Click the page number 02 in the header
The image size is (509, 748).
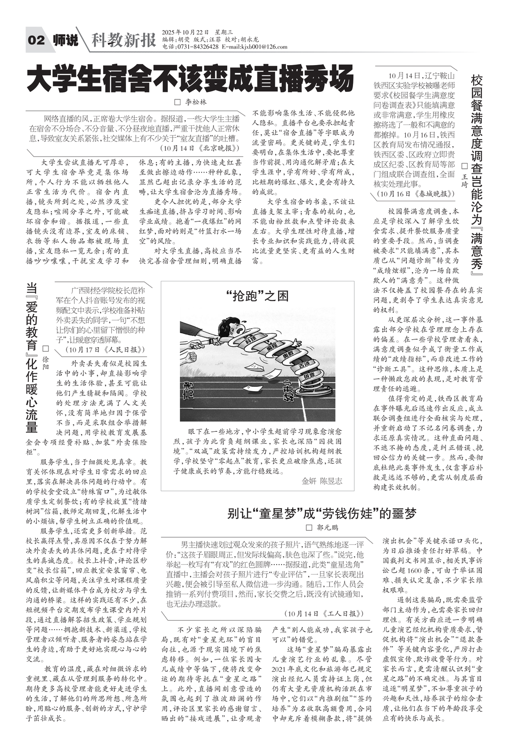click(36, 41)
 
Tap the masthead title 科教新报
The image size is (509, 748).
click(123, 41)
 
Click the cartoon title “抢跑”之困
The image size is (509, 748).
click(257, 296)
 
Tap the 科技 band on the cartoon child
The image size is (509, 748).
click(250, 339)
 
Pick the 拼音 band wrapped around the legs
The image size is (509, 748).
click(309, 377)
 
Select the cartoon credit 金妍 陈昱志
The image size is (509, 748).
click(322, 481)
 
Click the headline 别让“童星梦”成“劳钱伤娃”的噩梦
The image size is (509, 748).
click(322, 513)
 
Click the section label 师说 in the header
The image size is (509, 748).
click(66, 41)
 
